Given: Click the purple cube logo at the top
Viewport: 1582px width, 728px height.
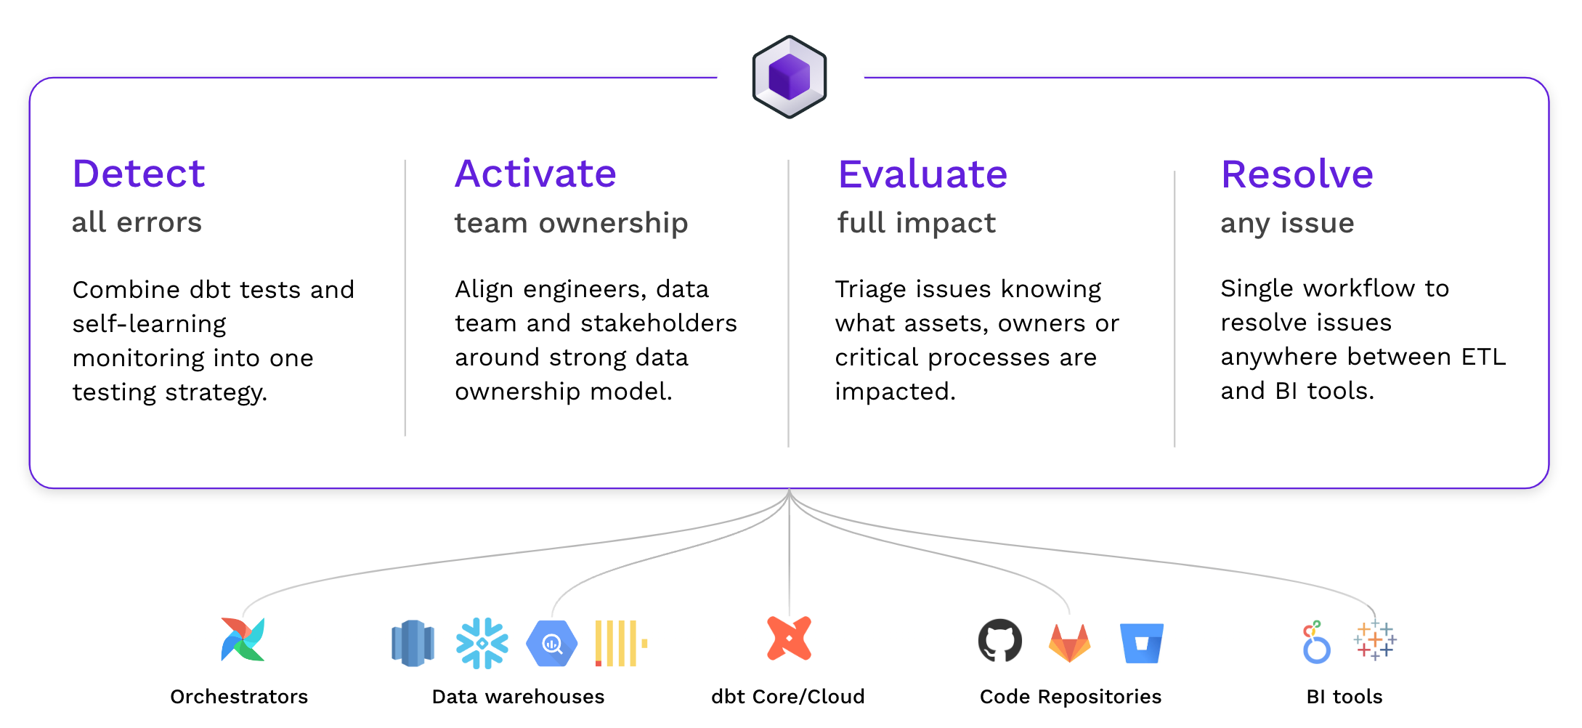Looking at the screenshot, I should pyautogui.click(x=789, y=77).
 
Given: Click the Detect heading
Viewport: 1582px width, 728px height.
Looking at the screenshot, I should pyautogui.click(x=139, y=174).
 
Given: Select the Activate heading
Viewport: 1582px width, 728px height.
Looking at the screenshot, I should pyautogui.click(x=535, y=174).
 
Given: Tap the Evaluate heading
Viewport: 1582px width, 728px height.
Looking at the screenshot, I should pyautogui.click(x=922, y=174).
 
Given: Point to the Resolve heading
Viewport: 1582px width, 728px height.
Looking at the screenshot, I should pyautogui.click(x=1297, y=174).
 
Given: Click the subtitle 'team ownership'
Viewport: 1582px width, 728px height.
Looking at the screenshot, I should pyautogui.click(x=571, y=223).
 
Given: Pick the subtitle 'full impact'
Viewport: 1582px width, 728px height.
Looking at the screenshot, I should pyautogui.click(x=916, y=223).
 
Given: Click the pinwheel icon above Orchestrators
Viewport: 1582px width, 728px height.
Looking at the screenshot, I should pyautogui.click(x=243, y=639).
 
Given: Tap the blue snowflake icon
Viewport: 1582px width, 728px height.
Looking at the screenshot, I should pyautogui.click(x=482, y=643).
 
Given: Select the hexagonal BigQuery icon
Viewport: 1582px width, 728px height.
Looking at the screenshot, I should pyautogui.click(x=551, y=643).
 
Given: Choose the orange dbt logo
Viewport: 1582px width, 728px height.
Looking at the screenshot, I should pyautogui.click(x=789, y=639).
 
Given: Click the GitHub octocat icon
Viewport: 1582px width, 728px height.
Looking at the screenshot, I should pyautogui.click(x=999, y=641).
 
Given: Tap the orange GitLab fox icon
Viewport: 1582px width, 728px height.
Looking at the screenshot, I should pyautogui.click(x=1069, y=643).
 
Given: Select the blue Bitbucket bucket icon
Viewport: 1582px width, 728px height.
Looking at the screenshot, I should pyautogui.click(x=1141, y=643).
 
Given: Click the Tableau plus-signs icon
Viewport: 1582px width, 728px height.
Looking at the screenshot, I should pyautogui.click(x=1374, y=640).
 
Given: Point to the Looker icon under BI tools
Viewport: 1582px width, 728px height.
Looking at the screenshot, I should pyautogui.click(x=1315, y=642).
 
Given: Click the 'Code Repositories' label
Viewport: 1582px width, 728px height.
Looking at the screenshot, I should pyautogui.click(x=1070, y=697).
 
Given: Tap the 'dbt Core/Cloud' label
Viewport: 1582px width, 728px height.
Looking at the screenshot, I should pyautogui.click(x=787, y=697).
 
